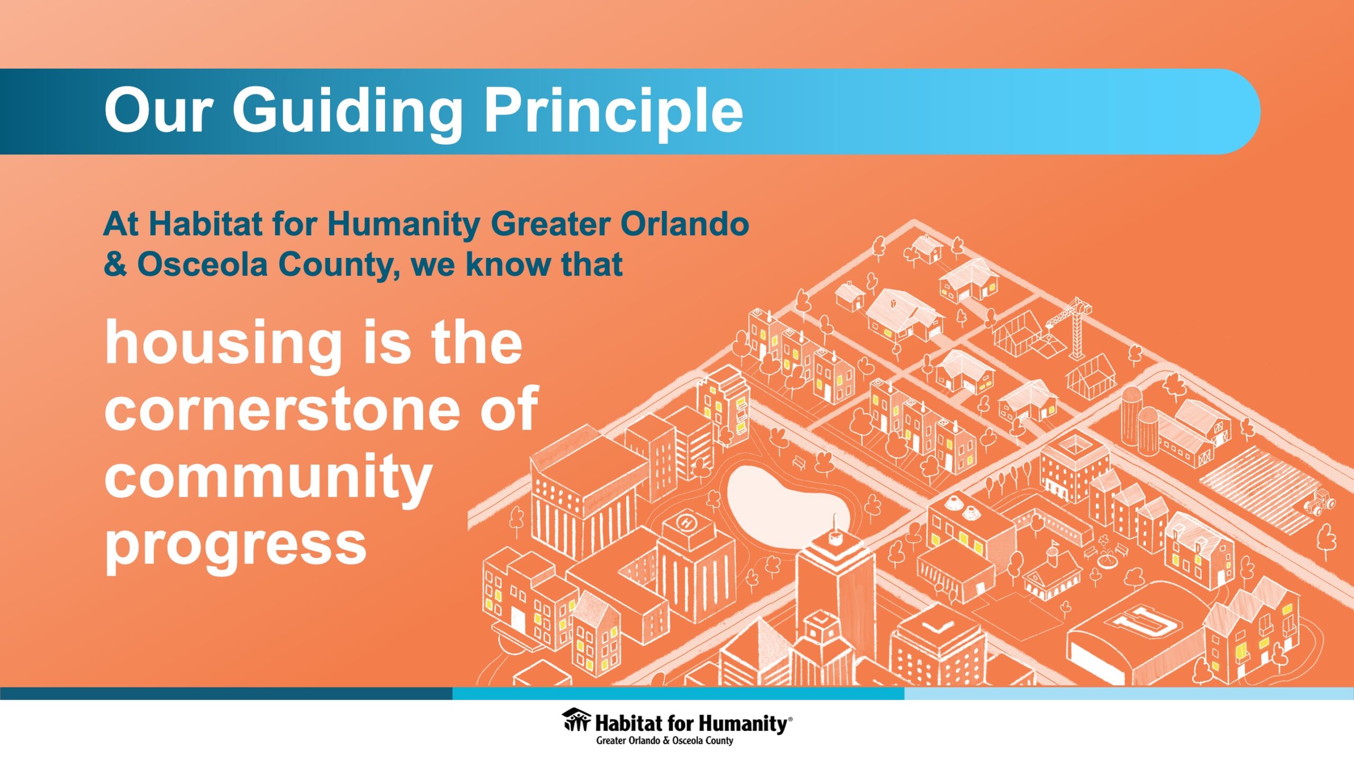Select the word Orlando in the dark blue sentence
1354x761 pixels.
(684, 224)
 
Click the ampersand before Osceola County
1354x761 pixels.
(115, 264)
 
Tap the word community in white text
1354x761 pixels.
(269, 478)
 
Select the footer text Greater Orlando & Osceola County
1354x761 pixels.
(665, 740)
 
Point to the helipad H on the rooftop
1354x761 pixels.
(688, 523)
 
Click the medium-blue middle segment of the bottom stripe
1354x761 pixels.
(678, 693)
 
